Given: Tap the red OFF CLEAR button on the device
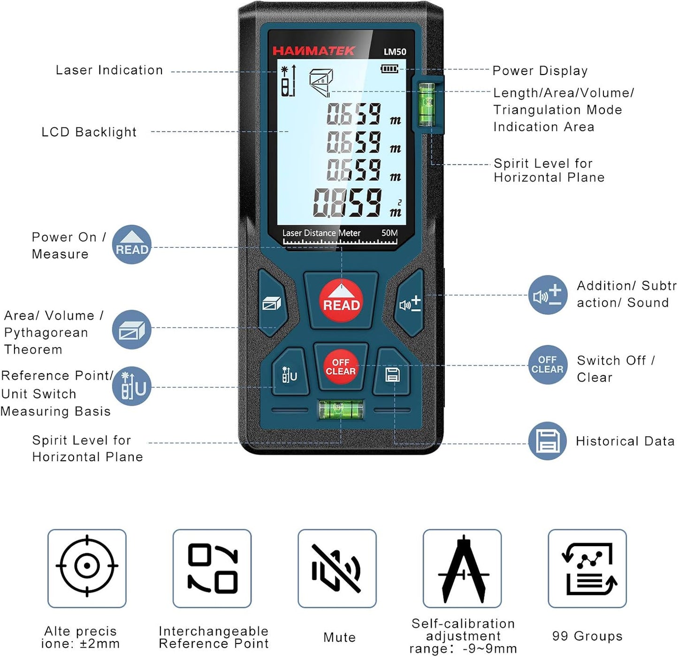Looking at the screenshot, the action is (x=340, y=367).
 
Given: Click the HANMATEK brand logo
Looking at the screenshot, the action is (x=313, y=51).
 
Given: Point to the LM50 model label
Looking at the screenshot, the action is (x=395, y=52).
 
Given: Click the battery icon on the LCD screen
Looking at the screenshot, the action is (x=389, y=69).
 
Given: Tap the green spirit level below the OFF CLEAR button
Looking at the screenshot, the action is (x=341, y=410).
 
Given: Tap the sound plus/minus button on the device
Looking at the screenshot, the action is (x=410, y=303).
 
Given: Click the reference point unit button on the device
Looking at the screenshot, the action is (x=290, y=372).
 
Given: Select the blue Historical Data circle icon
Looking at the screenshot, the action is (x=548, y=441).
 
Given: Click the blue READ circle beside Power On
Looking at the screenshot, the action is (x=132, y=244).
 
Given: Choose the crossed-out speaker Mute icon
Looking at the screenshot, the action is (x=336, y=568).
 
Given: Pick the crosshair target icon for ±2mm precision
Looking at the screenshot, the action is (x=87, y=565).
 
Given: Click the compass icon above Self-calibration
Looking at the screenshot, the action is (x=464, y=569).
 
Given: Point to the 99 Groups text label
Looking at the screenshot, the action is (x=587, y=636).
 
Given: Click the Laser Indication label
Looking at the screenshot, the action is (x=109, y=70).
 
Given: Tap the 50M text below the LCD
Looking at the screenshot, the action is (x=389, y=232).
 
